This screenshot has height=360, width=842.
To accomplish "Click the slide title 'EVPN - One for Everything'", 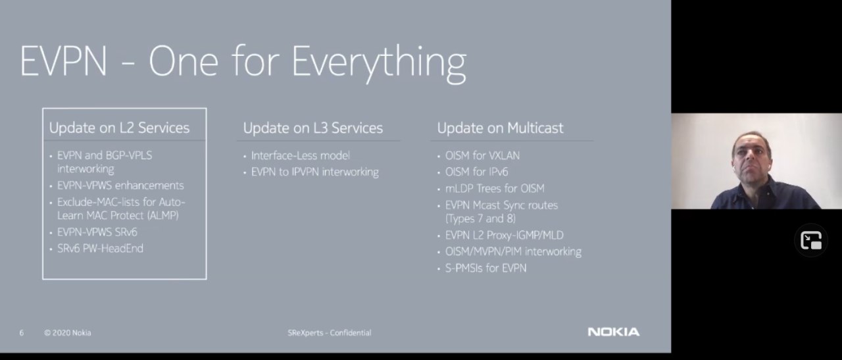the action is click(243, 62).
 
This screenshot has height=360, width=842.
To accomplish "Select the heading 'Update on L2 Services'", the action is click(120, 128).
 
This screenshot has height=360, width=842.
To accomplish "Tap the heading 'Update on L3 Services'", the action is click(313, 128).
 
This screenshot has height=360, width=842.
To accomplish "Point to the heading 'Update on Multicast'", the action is click(501, 128).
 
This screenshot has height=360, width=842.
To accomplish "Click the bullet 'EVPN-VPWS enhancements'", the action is click(120, 186).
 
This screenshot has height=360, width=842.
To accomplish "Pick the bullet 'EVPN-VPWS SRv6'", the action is click(97, 232).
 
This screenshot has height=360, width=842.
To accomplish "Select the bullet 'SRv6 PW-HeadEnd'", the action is click(100, 249).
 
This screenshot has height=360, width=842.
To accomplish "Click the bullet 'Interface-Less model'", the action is click(301, 155).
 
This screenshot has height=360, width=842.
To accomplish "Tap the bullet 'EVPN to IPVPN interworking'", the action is click(315, 172).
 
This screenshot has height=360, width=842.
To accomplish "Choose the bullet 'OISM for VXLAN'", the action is click(482, 155).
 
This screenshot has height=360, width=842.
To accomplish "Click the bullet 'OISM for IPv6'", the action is click(477, 172).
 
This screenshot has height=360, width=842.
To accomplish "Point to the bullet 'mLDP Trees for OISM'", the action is click(495, 188).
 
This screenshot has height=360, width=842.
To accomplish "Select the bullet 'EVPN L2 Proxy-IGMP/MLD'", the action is click(505, 236).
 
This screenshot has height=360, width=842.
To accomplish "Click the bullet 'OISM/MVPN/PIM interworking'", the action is click(513, 251).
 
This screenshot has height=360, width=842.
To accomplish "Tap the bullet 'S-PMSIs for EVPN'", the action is click(485, 269).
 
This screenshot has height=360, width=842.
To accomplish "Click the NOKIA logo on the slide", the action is click(614, 332).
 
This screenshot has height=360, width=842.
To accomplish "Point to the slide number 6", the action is click(22, 333).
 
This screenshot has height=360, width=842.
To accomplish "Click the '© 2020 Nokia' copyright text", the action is click(68, 333).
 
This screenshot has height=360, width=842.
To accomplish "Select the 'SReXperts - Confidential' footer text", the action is click(330, 333).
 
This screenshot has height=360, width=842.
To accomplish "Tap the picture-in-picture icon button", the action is click(811, 241).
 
